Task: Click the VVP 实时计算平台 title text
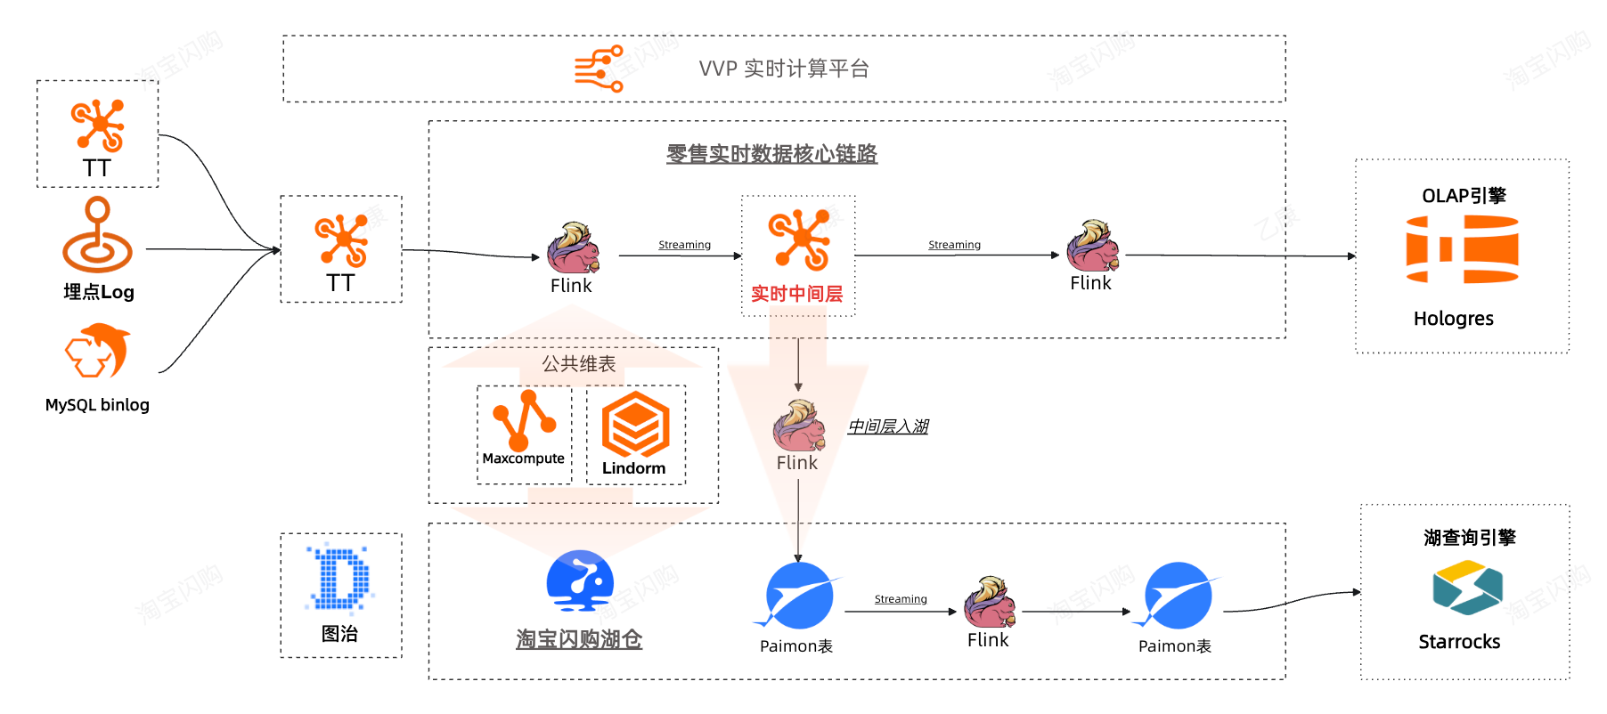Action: click(784, 69)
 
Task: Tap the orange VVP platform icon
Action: click(599, 69)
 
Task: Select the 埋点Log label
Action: click(99, 292)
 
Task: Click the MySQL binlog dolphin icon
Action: click(98, 351)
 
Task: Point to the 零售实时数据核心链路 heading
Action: click(771, 153)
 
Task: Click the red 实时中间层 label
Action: click(797, 294)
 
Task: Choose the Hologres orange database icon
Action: click(1463, 249)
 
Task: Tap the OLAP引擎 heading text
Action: click(1464, 196)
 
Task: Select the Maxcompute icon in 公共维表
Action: click(525, 419)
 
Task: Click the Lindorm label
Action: click(634, 468)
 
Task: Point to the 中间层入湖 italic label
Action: click(888, 426)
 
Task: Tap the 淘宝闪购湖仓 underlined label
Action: click(579, 639)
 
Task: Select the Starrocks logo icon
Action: click(1467, 588)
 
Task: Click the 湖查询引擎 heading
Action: click(1470, 538)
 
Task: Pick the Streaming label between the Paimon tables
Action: click(901, 599)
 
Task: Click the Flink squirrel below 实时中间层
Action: click(798, 425)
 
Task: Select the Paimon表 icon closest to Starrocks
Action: click(1177, 596)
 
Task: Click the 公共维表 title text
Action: click(579, 364)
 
